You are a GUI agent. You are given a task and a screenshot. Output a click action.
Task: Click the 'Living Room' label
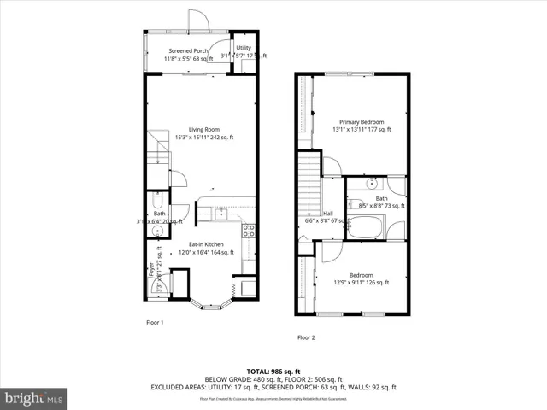(205, 130)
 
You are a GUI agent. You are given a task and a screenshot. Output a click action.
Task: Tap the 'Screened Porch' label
(188, 51)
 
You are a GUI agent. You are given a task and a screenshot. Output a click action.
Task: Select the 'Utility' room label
(244, 48)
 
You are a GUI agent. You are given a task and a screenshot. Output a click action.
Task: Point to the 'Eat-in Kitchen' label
(206, 244)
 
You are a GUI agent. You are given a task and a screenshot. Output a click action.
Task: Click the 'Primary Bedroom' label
(361, 122)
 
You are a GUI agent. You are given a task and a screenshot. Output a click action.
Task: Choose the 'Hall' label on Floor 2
(327, 214)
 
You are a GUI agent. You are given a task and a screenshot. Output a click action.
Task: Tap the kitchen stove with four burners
(249, 229)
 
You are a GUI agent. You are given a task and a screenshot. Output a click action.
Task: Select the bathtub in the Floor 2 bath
(367, 228)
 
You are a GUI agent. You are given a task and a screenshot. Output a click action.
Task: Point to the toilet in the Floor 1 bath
(156, 202)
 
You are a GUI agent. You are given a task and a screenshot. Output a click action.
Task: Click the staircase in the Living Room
(156, 149)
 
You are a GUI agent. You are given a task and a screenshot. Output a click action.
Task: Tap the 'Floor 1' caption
(154, 323)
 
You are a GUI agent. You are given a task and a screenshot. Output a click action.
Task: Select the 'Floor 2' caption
(306, 337)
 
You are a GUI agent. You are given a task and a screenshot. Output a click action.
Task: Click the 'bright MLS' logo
(33, 398)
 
